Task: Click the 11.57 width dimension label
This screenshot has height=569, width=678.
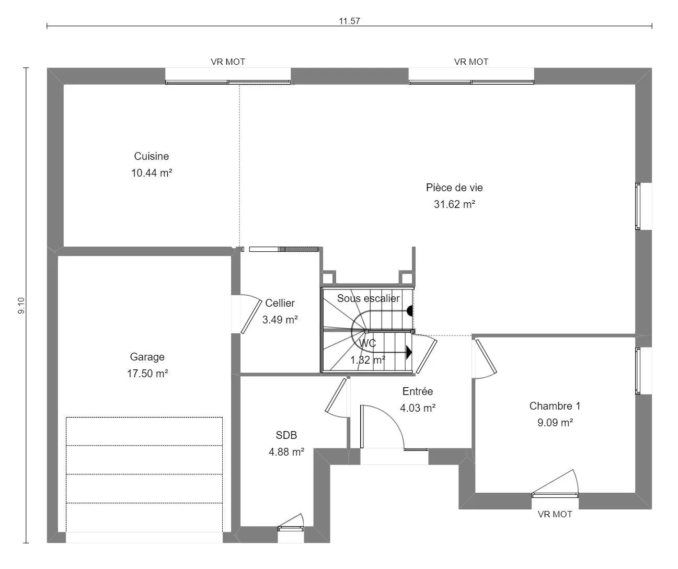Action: click(349, 21)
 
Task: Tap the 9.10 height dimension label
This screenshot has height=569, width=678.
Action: click(21, 306)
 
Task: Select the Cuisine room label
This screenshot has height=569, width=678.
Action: click(151, 156)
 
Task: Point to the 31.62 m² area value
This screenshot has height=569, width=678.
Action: click(454, 204)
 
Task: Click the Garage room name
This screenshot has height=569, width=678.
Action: click(147, 357)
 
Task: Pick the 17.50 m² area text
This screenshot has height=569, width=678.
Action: click(147, 374)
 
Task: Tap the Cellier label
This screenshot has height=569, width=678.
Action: click(280, 303)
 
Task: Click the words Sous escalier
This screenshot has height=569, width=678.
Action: click(368, 298)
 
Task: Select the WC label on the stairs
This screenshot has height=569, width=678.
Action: click(367, 343)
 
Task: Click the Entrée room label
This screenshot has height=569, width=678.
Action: click(418, 391)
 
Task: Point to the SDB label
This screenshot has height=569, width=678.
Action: click(286, 435)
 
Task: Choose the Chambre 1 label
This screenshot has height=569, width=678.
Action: click(555, 406)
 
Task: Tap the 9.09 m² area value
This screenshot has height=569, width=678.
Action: click(555, 423)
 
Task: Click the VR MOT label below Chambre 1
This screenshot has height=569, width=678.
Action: click(555, 515)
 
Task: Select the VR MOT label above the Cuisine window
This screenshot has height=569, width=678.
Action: click(228, 62)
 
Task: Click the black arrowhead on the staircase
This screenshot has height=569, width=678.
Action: click(409, 353)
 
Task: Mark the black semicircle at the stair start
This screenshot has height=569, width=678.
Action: click(410, 311)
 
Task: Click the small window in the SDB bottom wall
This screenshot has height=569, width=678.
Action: click(291, 529)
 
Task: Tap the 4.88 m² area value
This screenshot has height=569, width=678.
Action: click(286, 452)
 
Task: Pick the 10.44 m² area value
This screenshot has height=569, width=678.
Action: click(152, 173)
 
